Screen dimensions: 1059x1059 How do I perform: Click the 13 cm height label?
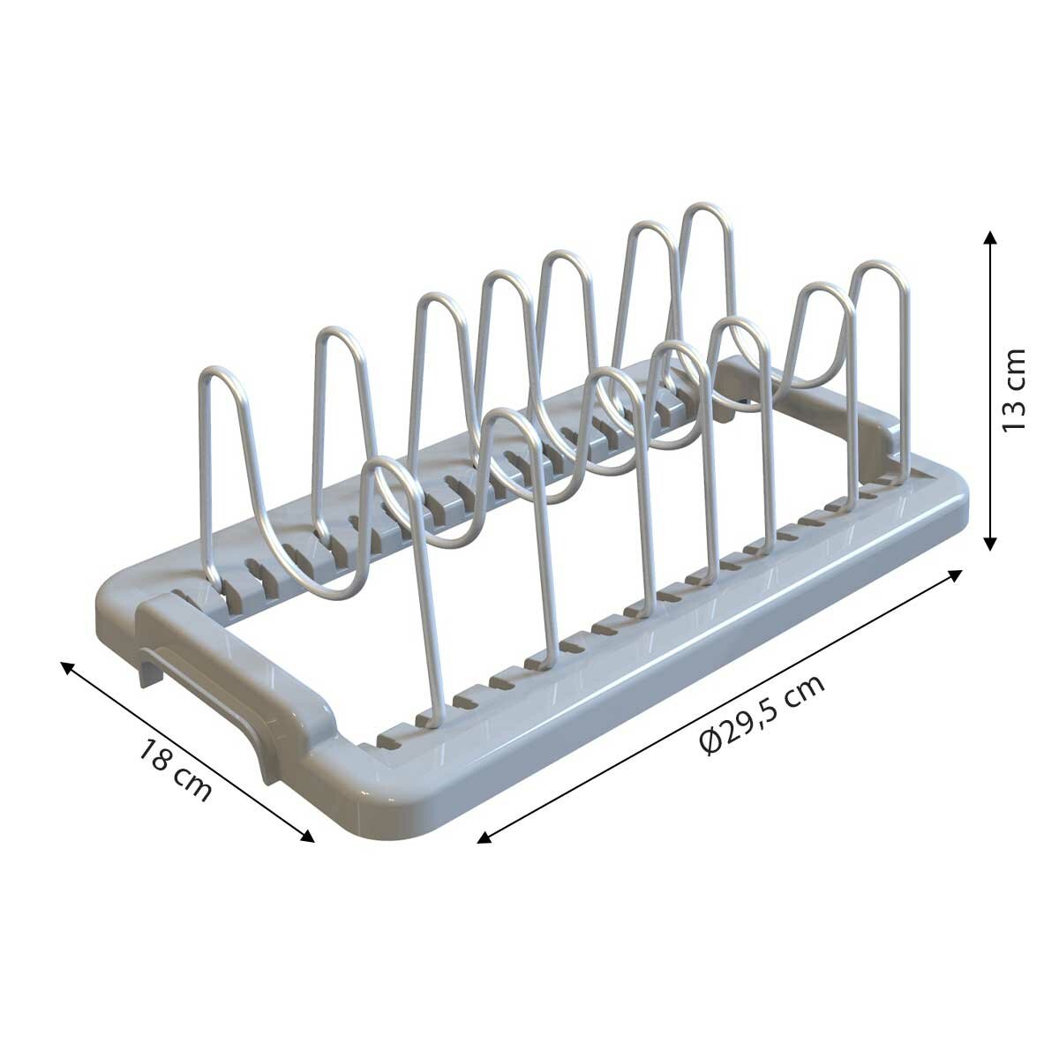coord(1014,390)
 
